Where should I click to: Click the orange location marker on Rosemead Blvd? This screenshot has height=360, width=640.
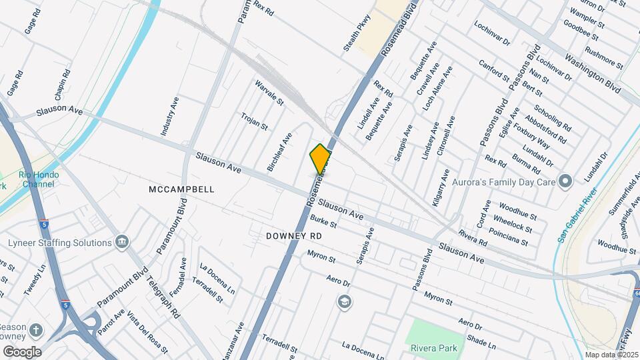pyautogui.click(x=321, y=159)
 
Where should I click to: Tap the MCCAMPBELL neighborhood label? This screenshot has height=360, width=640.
pyautogui.click(x=181, y=189)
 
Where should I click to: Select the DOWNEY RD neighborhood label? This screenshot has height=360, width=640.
pyautogui.click(x=293, y=236)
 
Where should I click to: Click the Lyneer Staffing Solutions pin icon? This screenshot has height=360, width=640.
pyautogui.click(x=122, y=241)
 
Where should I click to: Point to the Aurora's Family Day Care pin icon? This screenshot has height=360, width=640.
pyautogui.click(x=565, y=181)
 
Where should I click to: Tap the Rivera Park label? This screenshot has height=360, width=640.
pyautogui.click(x=435, y=347)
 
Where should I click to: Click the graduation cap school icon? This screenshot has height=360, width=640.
pyautogui.click(x=344, y=302)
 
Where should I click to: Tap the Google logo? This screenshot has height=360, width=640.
pyautogui.click(x=22, y=352)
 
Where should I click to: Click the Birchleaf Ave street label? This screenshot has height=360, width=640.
pyautogui.click(x=279, y=152)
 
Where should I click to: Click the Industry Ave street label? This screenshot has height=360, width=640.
pyautogui.click(x=170, y=117)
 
